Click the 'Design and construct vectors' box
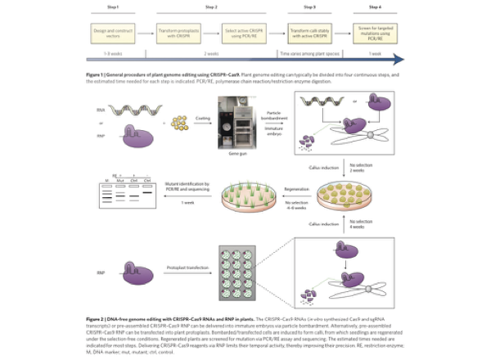click(114, 34)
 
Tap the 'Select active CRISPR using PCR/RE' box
click(246, 34)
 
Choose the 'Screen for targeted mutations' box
click(372, 34)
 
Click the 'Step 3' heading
click(309, 7)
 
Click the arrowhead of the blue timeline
click(399, 58)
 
